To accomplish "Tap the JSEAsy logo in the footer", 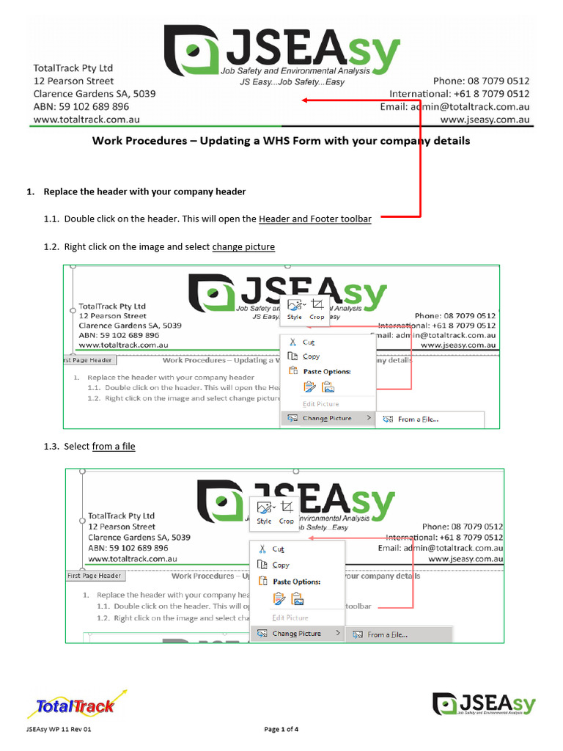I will click(483, 705).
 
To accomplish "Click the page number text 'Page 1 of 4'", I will click(281, 730).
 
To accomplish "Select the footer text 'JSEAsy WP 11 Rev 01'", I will click(59, 730).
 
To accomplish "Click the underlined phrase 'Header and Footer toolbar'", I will click(314, 219).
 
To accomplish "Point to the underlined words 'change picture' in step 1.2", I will click(243, 247).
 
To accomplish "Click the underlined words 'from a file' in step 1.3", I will click(114, 447).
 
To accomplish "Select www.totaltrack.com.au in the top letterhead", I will click(87, 119).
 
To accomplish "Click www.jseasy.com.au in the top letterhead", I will click(485, 119).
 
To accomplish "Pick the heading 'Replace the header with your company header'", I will click(144, 192).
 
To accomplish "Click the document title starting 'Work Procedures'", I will click(281, 141).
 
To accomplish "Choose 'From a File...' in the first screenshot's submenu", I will click(418, 420).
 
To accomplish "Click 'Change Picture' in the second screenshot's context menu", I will click(296, 634).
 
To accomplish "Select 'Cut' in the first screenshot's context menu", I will click(309, 342).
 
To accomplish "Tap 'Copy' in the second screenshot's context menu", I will click(281, 565).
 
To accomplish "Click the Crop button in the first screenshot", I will click(317, 309).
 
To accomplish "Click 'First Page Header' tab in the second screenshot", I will click(94, 576).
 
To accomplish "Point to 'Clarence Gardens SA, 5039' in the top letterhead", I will click(95, 94).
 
